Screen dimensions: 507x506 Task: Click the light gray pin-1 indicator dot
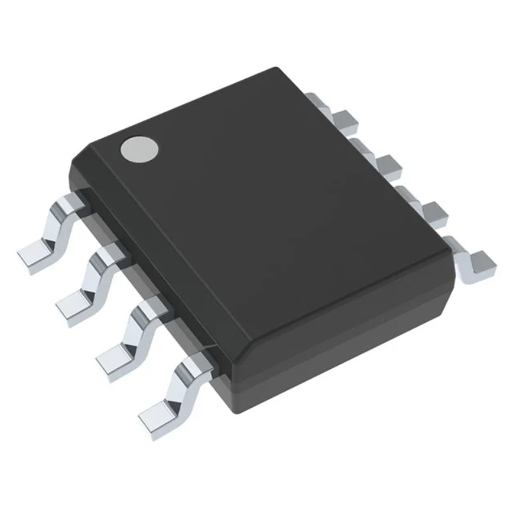coord(139,149)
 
